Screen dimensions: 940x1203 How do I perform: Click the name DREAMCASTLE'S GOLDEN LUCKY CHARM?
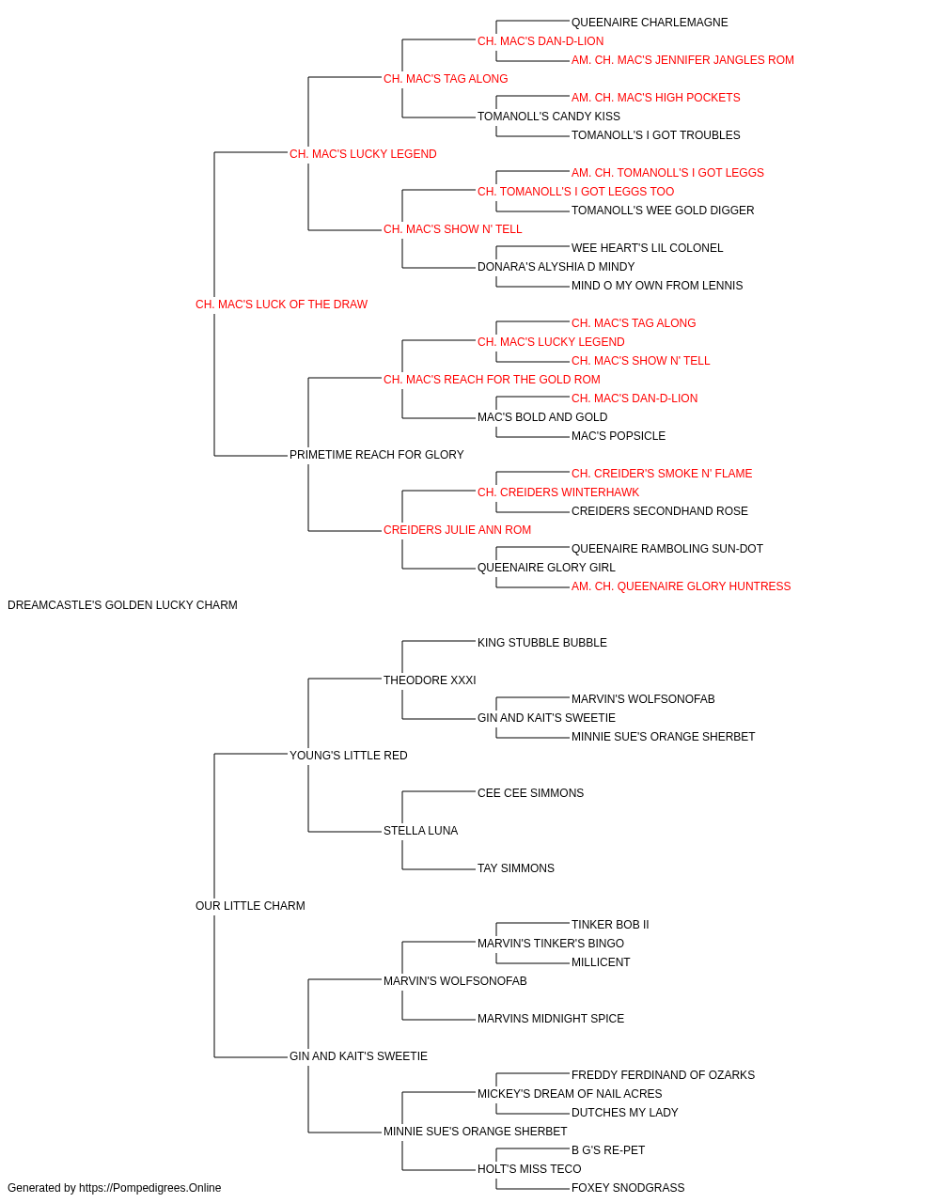(122, 605)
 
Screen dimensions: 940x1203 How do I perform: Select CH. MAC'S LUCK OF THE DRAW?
(281, 305)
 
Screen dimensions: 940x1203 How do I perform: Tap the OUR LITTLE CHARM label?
(250, 906)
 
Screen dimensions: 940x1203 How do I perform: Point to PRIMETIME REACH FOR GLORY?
(376, 455)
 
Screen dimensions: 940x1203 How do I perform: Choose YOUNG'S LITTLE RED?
(348, 755)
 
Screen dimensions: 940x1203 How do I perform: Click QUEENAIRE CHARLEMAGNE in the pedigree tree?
(650, 23)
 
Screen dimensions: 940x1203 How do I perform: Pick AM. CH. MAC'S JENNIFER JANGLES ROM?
(682, 60)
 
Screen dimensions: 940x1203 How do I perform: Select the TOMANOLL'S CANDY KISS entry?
(549, 117)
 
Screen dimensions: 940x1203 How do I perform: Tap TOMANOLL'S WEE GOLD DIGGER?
(663, 211)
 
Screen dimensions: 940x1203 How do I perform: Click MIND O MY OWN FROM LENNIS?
(657, 286)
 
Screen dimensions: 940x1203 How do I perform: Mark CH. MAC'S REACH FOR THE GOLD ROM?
(492, 379)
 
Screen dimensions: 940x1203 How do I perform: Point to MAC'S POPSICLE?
(619, 436)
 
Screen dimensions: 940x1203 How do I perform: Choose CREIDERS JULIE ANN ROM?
(457, 530)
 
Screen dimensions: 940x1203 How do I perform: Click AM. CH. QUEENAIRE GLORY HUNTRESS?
(681, 586)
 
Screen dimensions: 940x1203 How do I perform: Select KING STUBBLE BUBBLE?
(542, 643)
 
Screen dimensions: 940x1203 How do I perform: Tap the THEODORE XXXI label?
(430, 680)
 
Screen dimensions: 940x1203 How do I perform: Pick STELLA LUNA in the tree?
(421, 831)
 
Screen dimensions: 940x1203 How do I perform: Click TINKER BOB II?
(610, 925)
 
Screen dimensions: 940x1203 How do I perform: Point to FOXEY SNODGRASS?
(628, 1188)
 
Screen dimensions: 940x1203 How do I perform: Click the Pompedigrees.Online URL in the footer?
(150, 1188)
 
